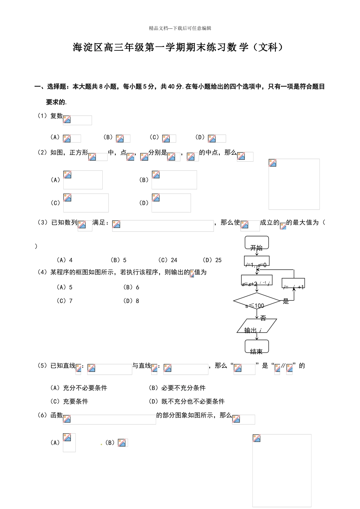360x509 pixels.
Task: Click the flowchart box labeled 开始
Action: (x=257, y=243)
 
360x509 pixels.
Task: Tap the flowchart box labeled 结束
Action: (x=257, y=347)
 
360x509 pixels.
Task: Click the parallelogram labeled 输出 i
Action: (x=257, y=326)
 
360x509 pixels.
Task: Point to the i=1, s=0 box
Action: (x=257, y=261)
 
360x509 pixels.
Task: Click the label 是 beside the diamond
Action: (x=286, y=301)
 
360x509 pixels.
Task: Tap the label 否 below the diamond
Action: (x=263, y=319)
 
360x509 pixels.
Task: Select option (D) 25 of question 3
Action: (x=212, y=260)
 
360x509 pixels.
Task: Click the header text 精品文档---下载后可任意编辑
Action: (x=180, y=28)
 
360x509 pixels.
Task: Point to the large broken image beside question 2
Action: (x=294, y=184)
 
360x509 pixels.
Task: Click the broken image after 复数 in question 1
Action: (x=77, y=120)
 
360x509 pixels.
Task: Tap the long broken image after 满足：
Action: (x=163, y=226)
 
